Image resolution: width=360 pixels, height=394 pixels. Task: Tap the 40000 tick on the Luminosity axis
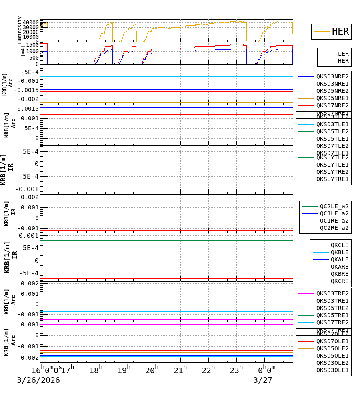[x=31, y=22]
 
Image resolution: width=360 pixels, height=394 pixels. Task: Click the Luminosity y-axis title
[x=20, y=30]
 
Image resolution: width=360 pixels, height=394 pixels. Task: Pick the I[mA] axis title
[x=23, y=52]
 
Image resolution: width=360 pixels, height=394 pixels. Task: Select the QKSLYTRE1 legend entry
[x=332, y=179]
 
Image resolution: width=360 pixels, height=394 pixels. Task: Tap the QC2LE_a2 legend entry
[x=334, y=206]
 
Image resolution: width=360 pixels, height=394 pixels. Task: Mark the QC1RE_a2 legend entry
[x=334, y=221]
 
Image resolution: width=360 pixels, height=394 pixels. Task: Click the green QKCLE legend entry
[x=339, y=245]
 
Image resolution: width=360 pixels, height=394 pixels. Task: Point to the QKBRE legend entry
[x=339, y=274]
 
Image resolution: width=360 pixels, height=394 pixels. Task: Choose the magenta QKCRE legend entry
[x=339, y=281]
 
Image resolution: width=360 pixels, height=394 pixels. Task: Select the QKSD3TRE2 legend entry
[x=332, y=293]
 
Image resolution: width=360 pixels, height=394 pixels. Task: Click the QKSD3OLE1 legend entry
[x=332, y=370]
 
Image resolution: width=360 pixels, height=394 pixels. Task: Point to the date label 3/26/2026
[x=38, y=380]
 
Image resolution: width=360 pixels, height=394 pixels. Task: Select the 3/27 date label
[x=262, y=380]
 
